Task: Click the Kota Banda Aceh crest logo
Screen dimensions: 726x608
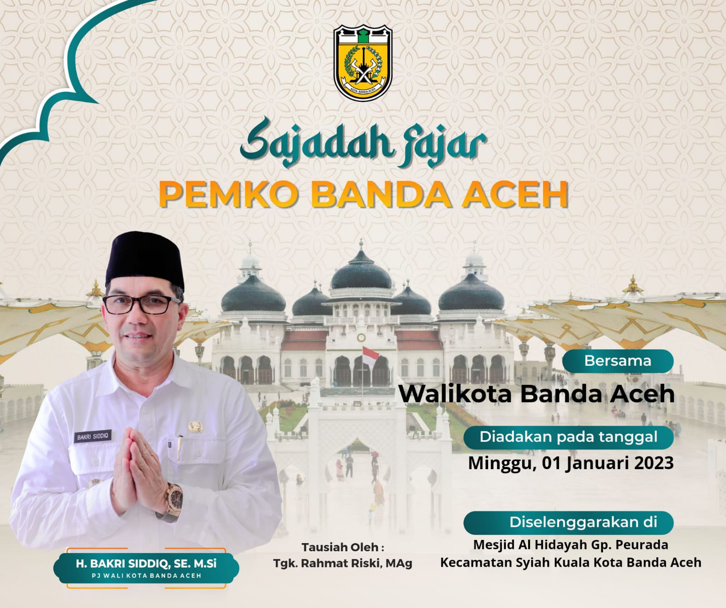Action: [x=363, y=63]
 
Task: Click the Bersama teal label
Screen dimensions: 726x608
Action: [x=618, y=361]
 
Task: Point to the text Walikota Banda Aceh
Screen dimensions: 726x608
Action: [x=537, y=393]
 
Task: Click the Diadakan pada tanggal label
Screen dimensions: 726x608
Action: [x=569, y=437]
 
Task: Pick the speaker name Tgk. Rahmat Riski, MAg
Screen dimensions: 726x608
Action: [x=343, y=564]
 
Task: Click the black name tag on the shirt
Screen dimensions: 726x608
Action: [x=93, y=437]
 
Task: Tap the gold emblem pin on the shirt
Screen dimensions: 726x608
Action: [x=195, y=427]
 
